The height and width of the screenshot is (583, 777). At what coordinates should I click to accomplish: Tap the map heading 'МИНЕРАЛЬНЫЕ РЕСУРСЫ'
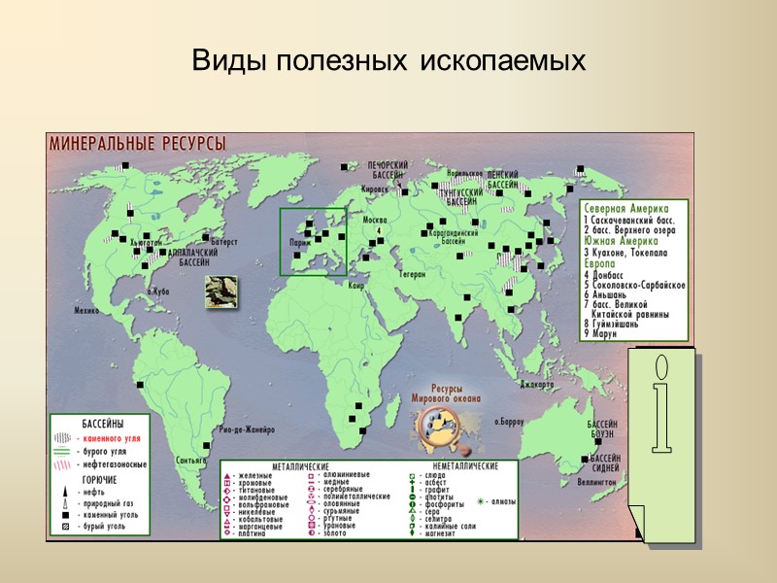click(x=132, y=143)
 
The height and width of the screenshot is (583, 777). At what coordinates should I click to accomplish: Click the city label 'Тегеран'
click(x=412, y=274)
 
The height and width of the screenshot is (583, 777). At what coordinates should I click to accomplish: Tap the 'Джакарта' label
click(x=536, y=385)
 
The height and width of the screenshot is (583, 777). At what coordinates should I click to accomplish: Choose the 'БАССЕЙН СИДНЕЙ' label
click(x=605, y=463)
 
